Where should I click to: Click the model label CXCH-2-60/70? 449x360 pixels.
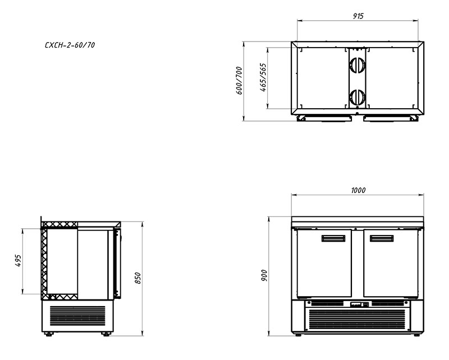[x=70, y=45]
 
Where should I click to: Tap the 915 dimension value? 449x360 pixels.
[x=358, y=16]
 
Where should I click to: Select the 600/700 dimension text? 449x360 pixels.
[x=239, y=80]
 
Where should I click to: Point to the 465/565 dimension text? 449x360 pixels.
[x=263, y=77]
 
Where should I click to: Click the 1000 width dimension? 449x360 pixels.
[x=358, y=190]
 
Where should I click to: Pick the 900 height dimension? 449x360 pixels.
[x=264, y=275]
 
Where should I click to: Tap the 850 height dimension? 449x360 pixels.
[x=138, y=278]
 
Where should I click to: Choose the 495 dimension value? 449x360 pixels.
[x=18, y=261]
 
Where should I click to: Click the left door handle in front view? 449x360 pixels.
[x=333, y=238]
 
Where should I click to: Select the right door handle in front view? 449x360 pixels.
[x=382, y=238]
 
